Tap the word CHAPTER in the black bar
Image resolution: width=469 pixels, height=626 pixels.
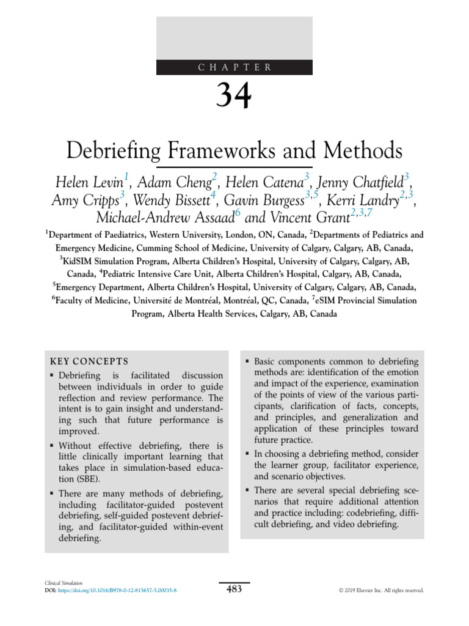(x=234, y=68)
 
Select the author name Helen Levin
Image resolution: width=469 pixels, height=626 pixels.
(x=89, y=182)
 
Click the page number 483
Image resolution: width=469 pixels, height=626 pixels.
(x=234, y=589)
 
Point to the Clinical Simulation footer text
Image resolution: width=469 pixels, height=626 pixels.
(x=59, y=584)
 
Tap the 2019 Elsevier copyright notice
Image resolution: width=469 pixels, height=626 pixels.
(x=381, y=591)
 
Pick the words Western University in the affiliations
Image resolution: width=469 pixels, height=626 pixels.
(x=192, y=235)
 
